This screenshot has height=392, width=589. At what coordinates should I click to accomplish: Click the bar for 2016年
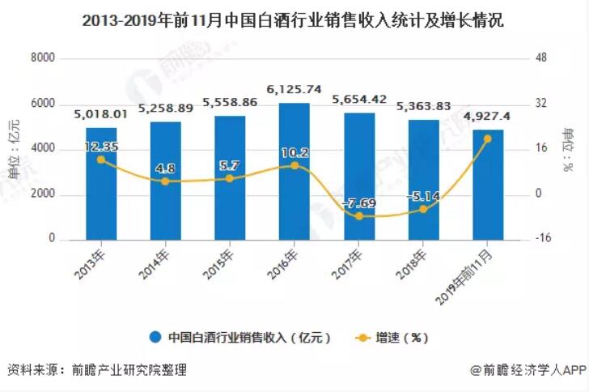pyautogui.click(x=294, y=171)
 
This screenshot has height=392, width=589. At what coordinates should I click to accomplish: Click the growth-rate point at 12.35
pyautogui.click(x=101, y=160)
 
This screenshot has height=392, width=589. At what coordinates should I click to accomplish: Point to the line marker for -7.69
pyautogui.click(x=359, y=216)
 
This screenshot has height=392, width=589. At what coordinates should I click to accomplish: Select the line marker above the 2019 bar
pyautogui.click(x=488, y=138)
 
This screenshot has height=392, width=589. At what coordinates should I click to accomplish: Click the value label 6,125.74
pyautogui.click(x=294, y=89)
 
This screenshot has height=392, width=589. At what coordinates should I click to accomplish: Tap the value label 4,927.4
pyautogui.click(x=488, y=117)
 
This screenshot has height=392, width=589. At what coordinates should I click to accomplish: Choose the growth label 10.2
pyautogui.click(x=295, y=151)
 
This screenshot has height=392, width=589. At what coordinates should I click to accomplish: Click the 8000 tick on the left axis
pyautogui.click(x=42, y=58)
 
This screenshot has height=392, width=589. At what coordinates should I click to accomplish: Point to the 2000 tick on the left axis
pyautogui.click(x=42, y=194)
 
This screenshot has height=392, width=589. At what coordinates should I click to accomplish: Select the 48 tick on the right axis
pyautogui.click(x=543, y=58)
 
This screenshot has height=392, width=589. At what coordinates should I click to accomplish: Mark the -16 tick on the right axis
pyautogui.click(x=543, y=240)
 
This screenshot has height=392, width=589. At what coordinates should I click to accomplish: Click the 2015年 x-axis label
pyautogui.click(x=222, y=264)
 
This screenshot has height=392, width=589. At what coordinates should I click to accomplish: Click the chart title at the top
pyautogui.click(x=294, y=20)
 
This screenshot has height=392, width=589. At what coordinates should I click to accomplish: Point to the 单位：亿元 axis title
pyautogui.click(x=14, y=148)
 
